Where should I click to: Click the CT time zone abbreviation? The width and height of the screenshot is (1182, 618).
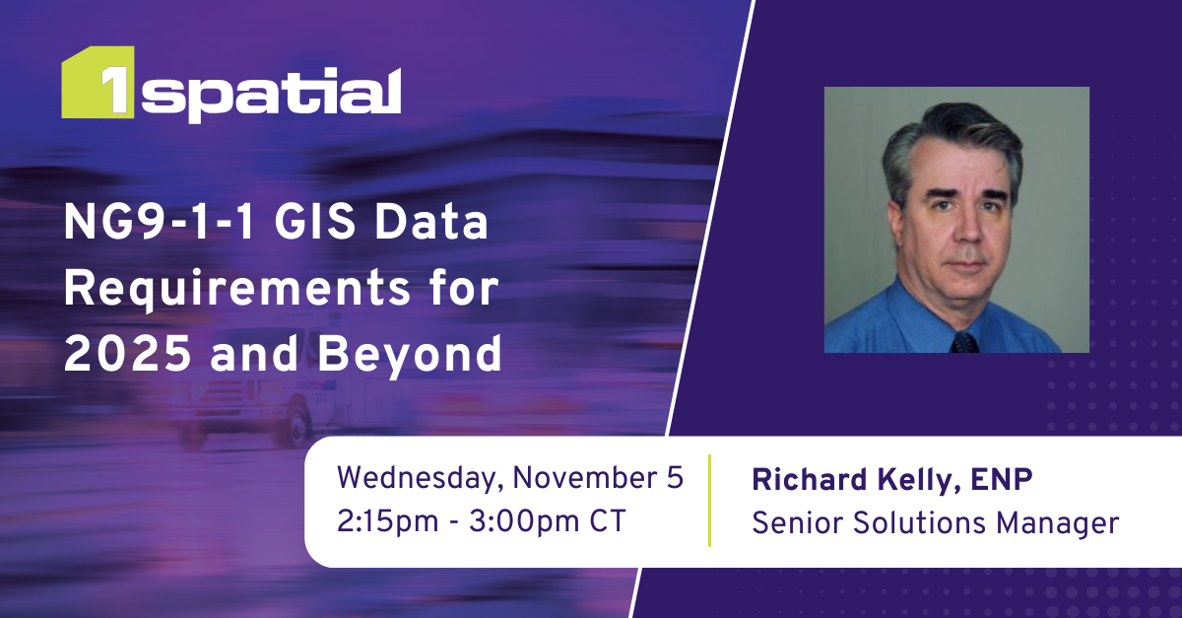[x=605, y=521]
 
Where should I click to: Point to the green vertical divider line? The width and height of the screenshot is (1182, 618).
[x=709, y=500]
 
